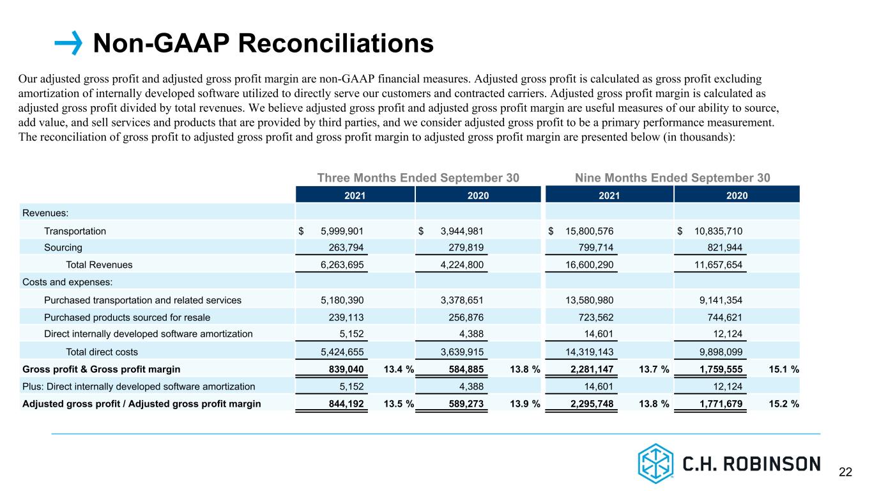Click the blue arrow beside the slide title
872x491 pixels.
[68, 43]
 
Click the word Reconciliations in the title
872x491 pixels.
[335, 43]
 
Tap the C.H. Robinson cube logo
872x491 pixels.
[655, 464]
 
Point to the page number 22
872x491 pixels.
[845, 472]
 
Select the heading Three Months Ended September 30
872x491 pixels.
[418, 178]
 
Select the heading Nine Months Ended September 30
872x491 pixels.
[672, 178]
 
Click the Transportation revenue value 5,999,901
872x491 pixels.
[342, 231]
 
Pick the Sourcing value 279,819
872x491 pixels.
[466, 247]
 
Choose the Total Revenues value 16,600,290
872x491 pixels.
[589, 265]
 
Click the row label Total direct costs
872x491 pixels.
[102, 352]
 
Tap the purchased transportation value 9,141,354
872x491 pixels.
[721, 300]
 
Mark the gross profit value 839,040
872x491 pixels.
[346, 369]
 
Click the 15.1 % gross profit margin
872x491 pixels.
[784, 369]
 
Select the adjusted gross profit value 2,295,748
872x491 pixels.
[592, 403]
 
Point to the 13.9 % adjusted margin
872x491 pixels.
[524, 403]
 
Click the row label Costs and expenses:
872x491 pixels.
[67, 282]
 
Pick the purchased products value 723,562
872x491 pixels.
[595, 318]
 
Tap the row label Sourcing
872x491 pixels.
[63, 247]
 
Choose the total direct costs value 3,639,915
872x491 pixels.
[462, 352]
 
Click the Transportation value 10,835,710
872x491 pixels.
[718, 231]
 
